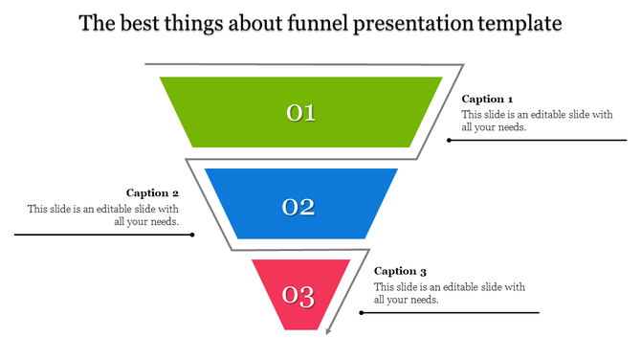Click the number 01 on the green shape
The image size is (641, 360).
(301, 113)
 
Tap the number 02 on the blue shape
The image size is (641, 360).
(298, 206)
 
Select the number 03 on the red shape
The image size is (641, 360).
(298, 297)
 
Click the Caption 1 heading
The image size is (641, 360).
(488, 99)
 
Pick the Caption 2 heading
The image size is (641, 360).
(153, 192)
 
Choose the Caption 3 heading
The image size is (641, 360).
(401, 271)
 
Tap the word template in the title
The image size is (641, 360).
(520, 23)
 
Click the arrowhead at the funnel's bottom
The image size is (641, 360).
(328, 332)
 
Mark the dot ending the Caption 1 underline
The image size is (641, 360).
(449, 140)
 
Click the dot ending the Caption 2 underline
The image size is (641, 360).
(192, 234)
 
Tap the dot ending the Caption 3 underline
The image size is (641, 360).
(360, 312)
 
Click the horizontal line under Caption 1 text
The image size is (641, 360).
(536, 140)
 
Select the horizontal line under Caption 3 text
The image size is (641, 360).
(450, 312)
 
